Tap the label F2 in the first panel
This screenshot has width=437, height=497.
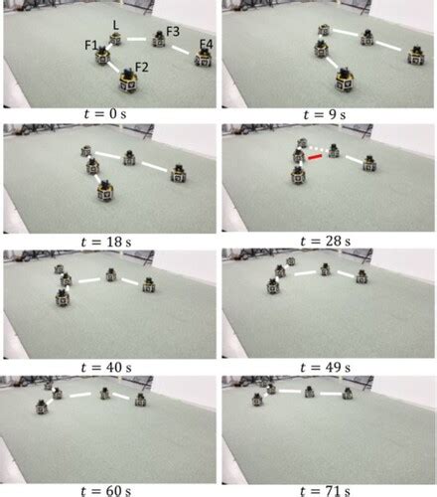pyautogui.click(x=142, y=67)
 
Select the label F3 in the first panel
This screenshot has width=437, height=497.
pyautogui.click(x=171, y=32)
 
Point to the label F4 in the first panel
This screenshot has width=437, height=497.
pyautogui.click(x=206, y=44)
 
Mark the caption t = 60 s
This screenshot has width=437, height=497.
pyautogui.click(x=109, y=484)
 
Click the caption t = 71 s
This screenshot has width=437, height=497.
pyautogui.click(x=328, y=484)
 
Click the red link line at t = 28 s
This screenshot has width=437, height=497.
pyautogui.click(x=315, y=155)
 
